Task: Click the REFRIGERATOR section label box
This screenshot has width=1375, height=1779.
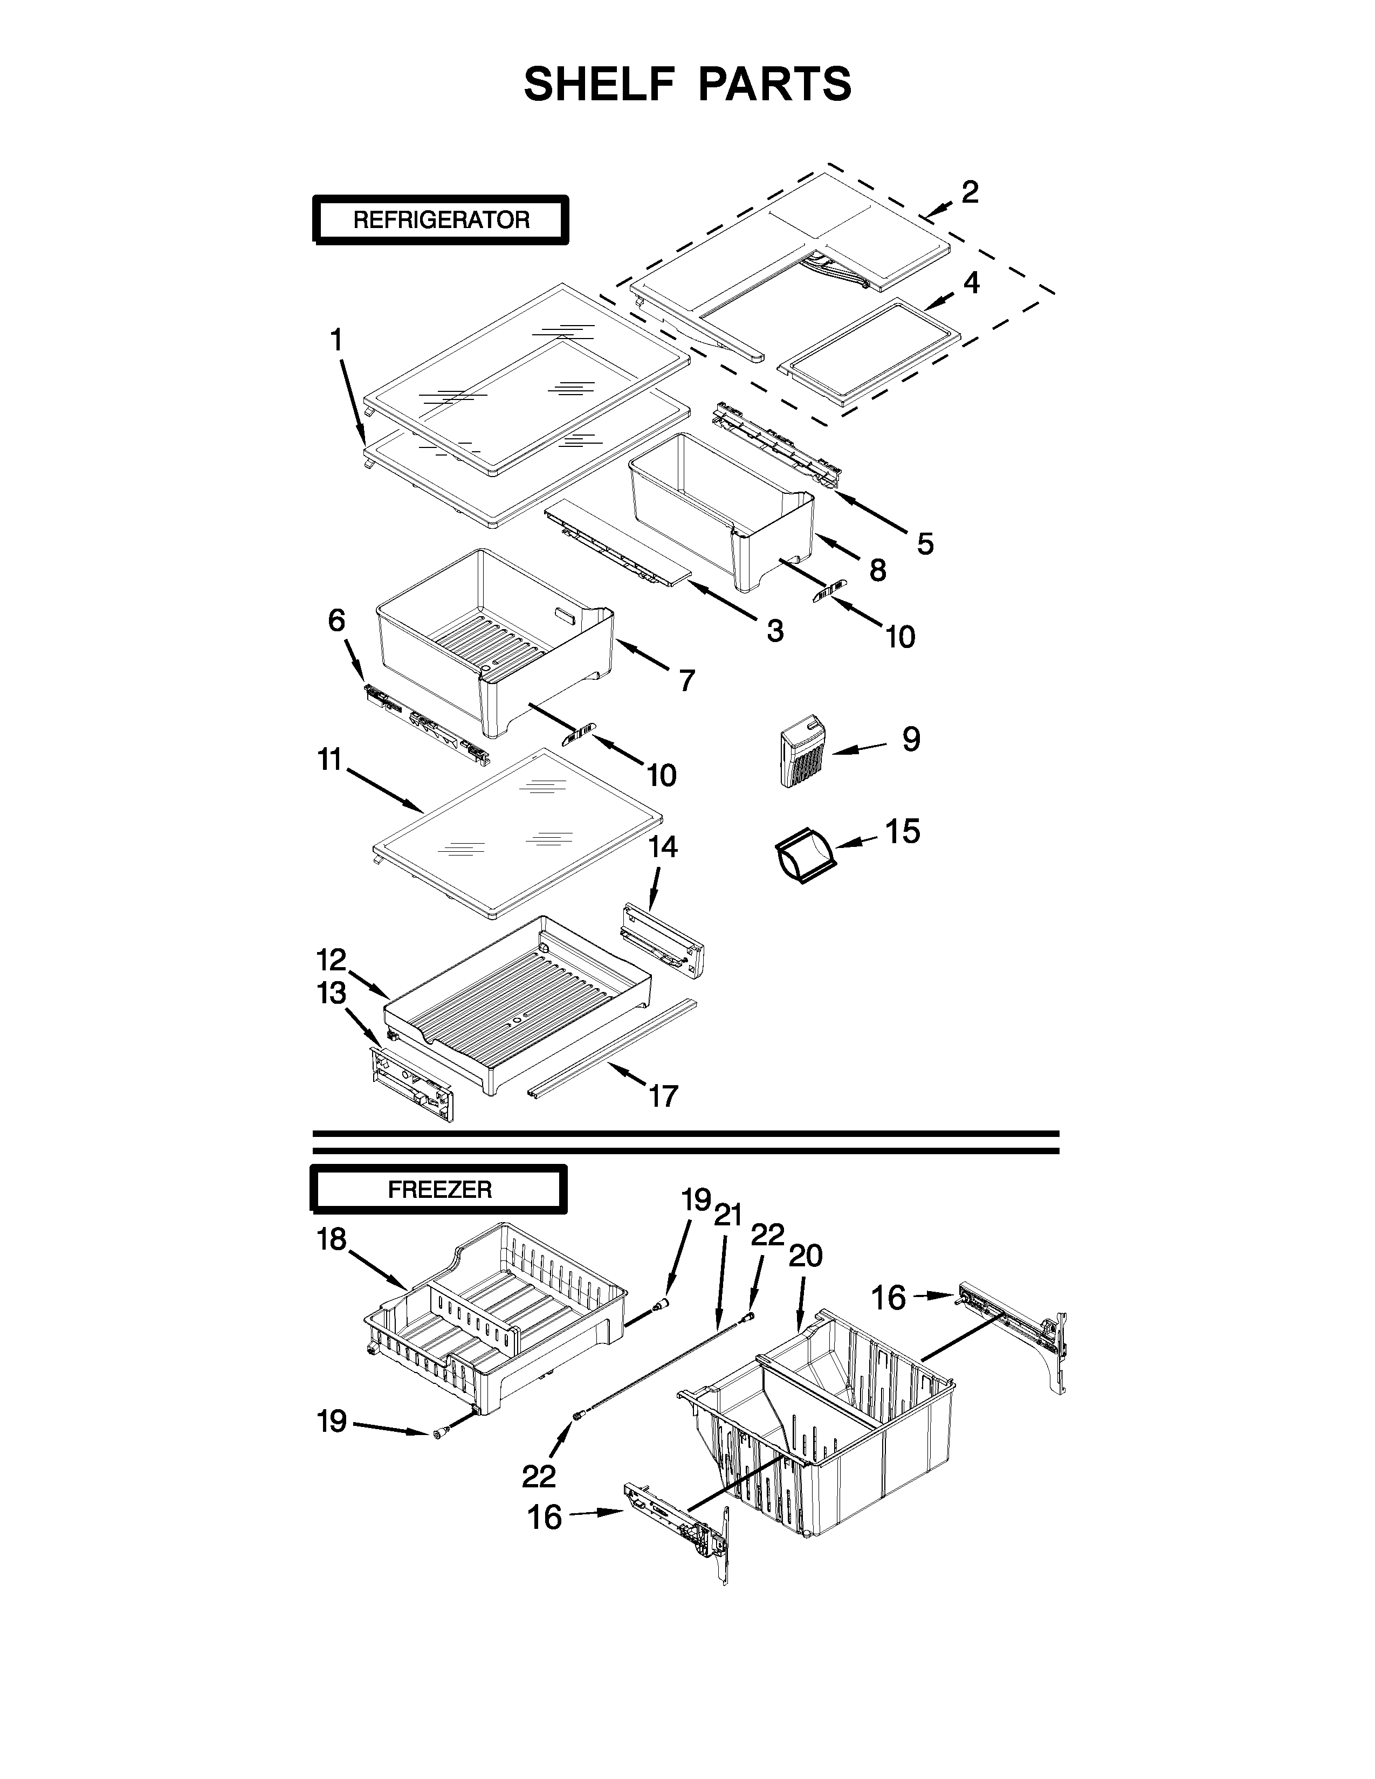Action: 441,220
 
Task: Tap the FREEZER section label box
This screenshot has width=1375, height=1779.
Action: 439,1190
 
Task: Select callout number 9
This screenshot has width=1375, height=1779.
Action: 911,740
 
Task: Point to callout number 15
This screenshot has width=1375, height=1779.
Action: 903,832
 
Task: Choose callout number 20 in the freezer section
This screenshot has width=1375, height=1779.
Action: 806,1256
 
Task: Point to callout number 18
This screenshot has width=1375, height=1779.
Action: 332,1240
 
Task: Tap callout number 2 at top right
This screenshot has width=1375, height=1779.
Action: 970,192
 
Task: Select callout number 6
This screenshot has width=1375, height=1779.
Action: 336,620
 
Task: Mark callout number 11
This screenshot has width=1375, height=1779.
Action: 330,760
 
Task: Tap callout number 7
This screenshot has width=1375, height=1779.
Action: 686,679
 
